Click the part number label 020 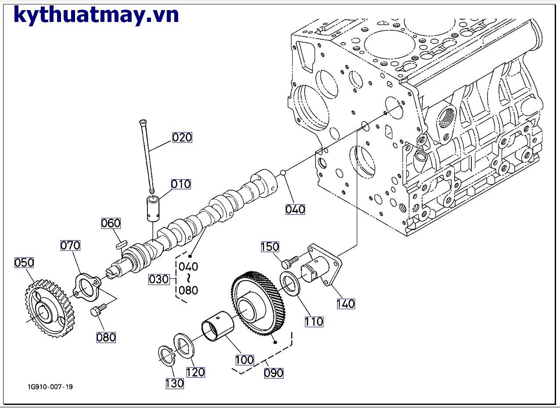click(x=182, y=137)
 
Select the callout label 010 click(x=181, y=184)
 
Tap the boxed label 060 click(x=111, y=224)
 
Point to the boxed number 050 click(x=24, y=263)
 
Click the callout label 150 click(x=270, y=247)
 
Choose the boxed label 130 click(x=175, y=383)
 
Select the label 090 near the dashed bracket click(x=274, y=373)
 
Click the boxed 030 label click(x=159, y=279)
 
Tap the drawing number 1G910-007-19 click(x=50, y=387)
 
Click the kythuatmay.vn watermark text click(x=96, y=15)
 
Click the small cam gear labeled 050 click(x=50, y=307)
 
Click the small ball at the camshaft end click(x=283, y=173)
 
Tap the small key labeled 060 click(x=122, y=244)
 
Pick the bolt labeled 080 click(x=98, y=310)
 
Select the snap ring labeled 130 click(x=166, y=356)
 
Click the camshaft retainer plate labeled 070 click(x=87, y=288)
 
